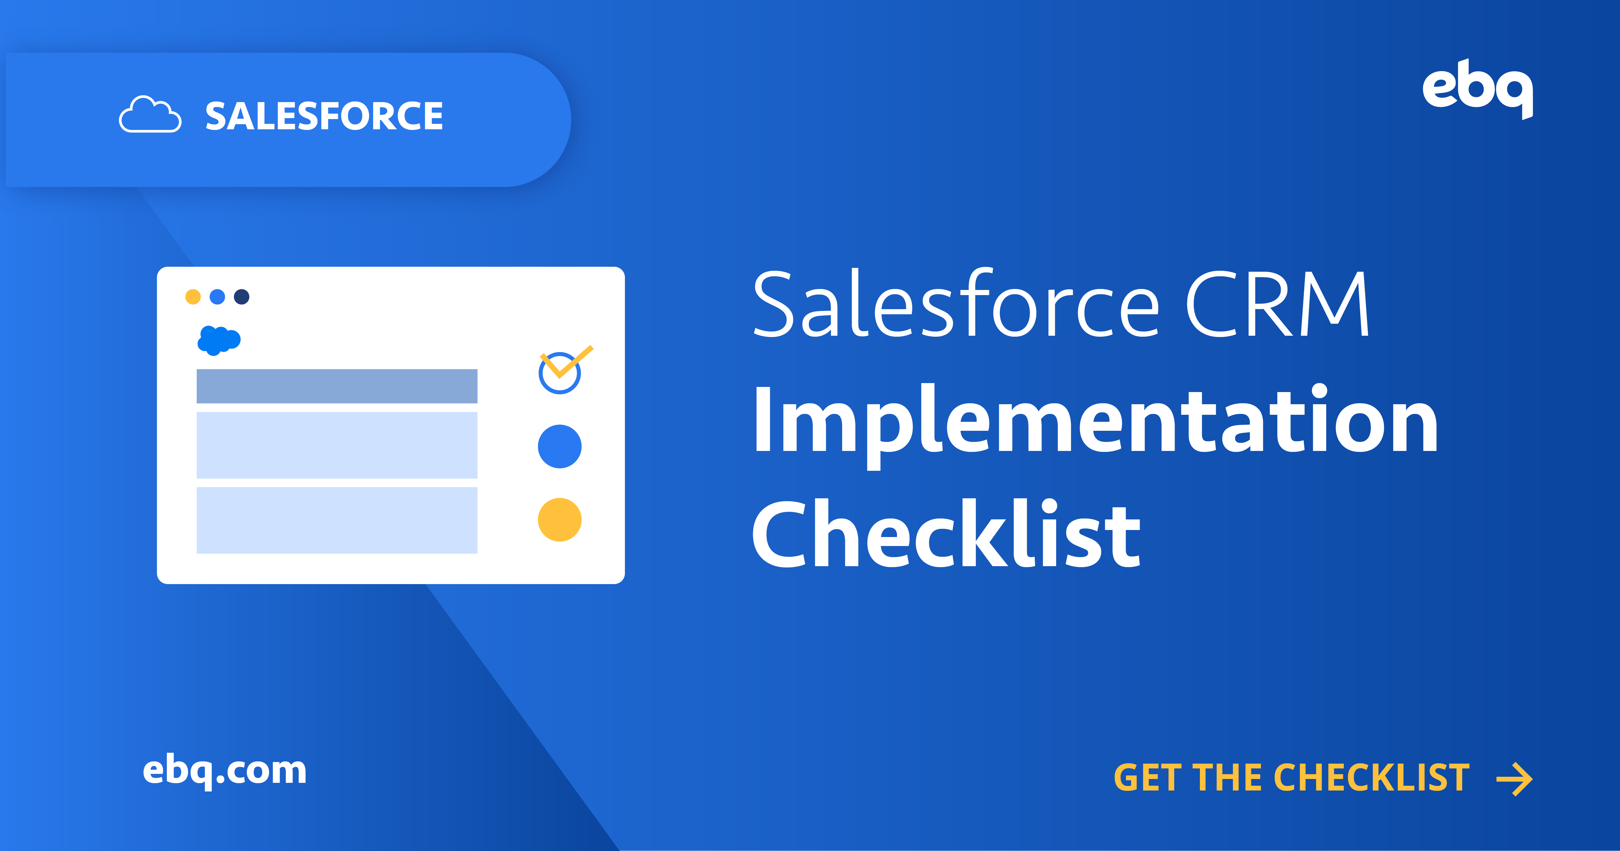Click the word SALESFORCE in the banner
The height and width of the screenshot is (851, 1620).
(x=324, y=116)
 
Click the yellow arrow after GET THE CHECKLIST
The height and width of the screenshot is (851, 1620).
(x=1514, y=779)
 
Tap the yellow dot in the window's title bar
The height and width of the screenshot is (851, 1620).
(x=193, y=297)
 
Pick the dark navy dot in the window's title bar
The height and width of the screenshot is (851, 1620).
(x=242, y=297)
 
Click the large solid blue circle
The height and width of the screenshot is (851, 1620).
(x=560, y=446)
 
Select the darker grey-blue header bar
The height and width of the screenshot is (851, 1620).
(x=337, y=386)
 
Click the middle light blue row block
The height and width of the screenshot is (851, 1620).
(x=337, y=445)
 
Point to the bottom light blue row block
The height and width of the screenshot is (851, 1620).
(x=337, y=520)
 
